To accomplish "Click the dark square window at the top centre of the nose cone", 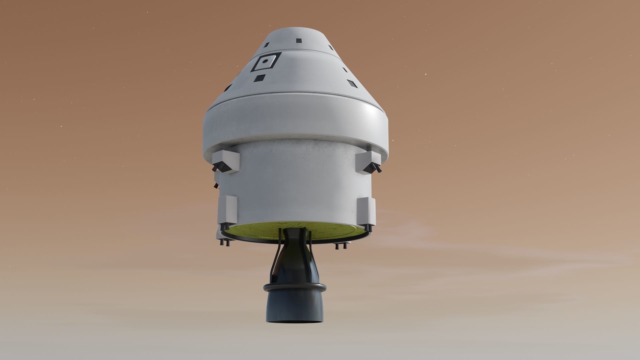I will [298, 40].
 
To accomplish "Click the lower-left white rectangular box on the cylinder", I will [227, 209].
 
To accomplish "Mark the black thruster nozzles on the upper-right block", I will [374, 168].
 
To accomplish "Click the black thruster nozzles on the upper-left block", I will [219, 167].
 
